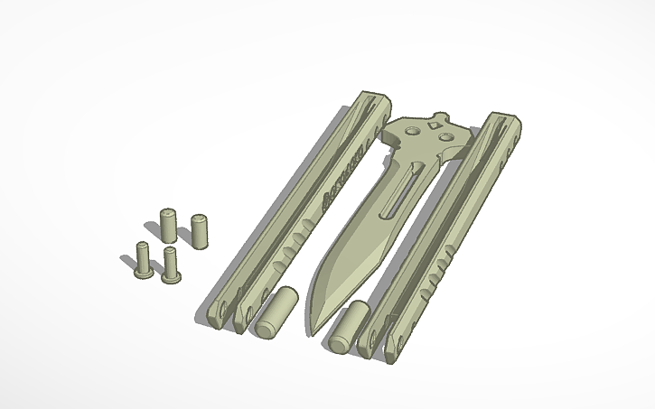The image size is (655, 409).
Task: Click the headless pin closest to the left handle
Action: coord(201,229)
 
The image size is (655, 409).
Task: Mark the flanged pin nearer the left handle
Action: coord(171,265)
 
